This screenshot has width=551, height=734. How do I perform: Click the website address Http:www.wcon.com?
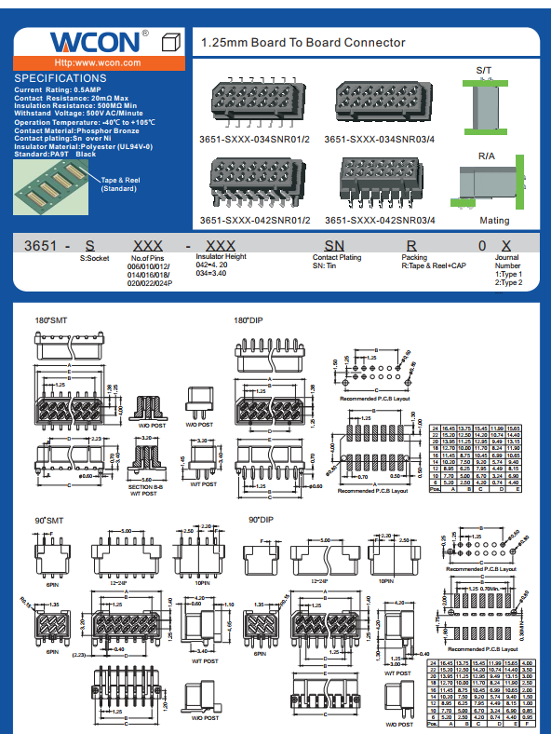coord(98,62)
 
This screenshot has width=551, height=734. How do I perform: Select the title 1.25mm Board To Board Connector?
coord(303,43)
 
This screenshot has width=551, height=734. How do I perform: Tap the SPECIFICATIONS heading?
coord(61,78)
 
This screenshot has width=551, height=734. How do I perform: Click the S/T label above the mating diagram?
coord(484,71)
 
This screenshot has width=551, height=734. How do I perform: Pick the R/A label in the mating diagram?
coord(487,156)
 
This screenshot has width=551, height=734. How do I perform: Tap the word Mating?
coord(494,221)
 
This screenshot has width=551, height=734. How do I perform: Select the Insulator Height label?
coord(221,257)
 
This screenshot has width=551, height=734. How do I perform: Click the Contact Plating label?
coord(337,258)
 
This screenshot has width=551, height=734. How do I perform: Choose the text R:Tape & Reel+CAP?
coord(433,266)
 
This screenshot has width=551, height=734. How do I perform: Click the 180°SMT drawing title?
coord(51,320)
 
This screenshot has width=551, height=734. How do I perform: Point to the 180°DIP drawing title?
coord(249,320)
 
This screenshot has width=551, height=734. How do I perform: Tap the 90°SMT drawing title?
coord(49,519)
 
